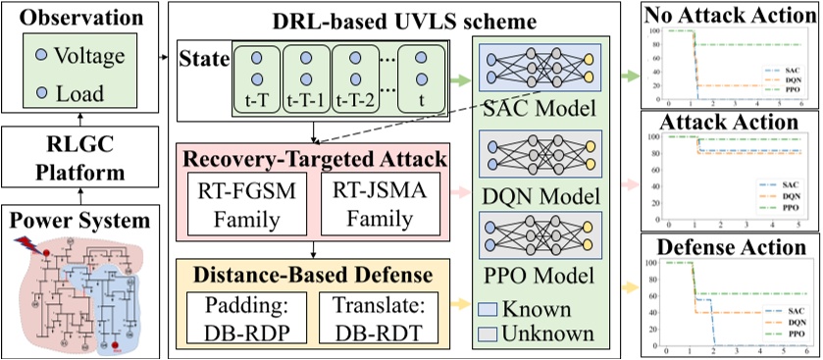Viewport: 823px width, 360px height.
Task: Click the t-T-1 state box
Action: (x=307, y=78)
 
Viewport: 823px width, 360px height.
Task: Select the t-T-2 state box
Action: (x=356, y=78)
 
